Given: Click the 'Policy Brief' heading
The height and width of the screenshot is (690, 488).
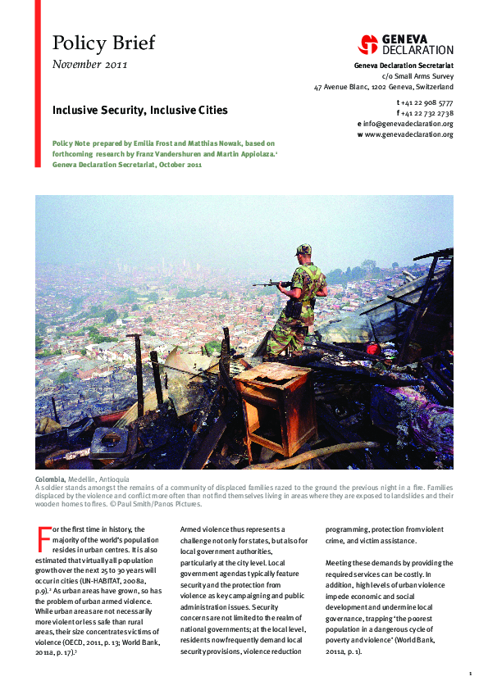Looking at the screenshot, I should (103, 43).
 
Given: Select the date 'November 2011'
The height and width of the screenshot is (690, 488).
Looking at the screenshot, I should (89, 65).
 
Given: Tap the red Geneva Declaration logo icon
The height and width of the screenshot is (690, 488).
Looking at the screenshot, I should (368, 44).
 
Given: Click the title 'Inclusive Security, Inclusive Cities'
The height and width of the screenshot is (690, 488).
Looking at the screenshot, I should (140, 109).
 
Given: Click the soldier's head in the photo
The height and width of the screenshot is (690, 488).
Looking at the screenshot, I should (303, 250).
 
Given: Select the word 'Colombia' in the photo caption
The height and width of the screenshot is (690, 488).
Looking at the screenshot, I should (52, 478).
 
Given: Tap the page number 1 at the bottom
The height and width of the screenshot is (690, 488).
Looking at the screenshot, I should (470, 674).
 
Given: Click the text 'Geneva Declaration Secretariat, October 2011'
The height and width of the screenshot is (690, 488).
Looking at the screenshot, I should (126, 165).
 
